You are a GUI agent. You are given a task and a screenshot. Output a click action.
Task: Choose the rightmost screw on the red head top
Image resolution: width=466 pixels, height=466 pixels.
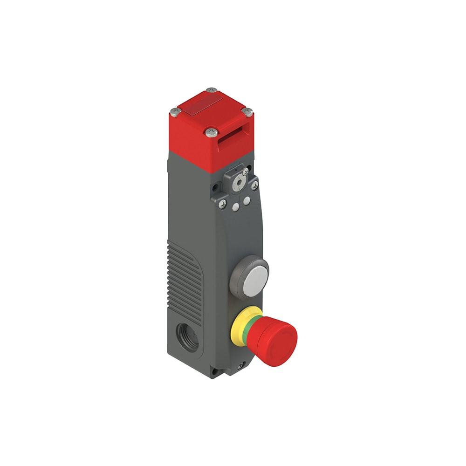[248, 112]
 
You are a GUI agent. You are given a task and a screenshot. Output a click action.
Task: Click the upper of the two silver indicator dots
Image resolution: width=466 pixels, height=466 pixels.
[247, 200]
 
